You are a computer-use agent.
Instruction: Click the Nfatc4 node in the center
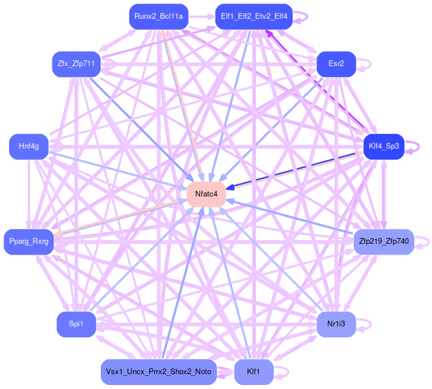(x=206, y=194)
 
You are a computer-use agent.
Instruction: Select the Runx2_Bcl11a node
(x=158, y=17)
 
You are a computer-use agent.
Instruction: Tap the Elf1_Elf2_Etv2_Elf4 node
(x=253, y=17)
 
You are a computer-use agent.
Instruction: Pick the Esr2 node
(x=336, y=64)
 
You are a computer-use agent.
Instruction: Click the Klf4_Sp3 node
(x=383, y=146)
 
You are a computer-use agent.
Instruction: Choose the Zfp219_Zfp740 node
(x=384, y=242)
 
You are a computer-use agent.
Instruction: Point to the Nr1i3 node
(x=336, y=324)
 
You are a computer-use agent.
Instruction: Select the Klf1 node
(x=253, y=372)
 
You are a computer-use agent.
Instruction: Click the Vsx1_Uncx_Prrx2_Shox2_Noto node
(x=158, y=372)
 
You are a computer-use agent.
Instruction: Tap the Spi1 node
(x=76, y=324)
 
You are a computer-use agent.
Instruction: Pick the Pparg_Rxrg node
(x=28, y=242)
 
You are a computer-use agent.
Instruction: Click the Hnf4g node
(x=28, y=146)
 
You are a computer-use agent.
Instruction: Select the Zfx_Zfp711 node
(x=76, y=64)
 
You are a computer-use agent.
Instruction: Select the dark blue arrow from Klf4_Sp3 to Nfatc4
(x=296, y=169)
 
